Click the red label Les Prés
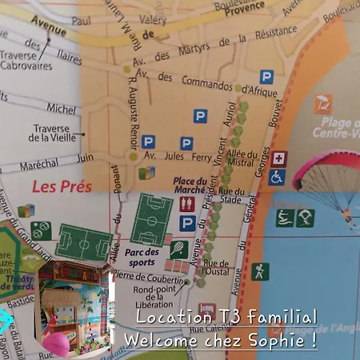point(62,187)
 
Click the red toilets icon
point(187,204)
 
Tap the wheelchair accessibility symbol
point(278,177)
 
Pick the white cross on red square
point(278,158)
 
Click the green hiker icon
point(260,272)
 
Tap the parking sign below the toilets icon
point(187,223)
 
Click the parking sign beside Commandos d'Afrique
point(266,77)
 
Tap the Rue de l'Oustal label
point(216,268)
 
